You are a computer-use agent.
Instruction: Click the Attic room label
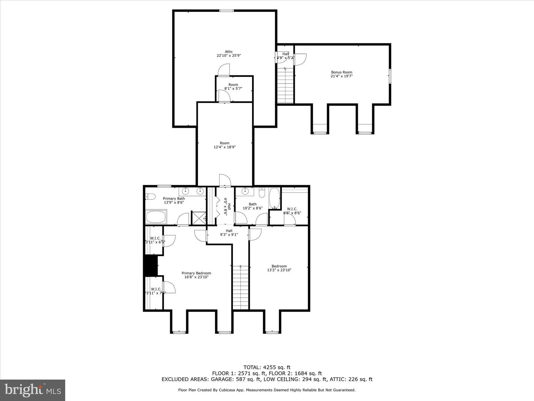(x=229, y=52)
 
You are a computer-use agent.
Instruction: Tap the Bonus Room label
(x=342, y=72)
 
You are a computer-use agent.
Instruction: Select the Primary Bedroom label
(x=196, y=273)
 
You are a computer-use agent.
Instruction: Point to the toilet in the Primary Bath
(x=150, y=196)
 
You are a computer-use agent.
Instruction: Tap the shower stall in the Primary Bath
(x=198, y=218)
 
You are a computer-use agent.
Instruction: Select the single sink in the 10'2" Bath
(x=245, y=192)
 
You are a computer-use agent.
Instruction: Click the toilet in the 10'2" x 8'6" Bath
(x=262, y=192)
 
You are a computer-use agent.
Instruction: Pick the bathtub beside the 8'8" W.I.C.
(x=275, y=198)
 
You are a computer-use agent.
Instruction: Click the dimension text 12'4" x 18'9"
(x=224, y=147)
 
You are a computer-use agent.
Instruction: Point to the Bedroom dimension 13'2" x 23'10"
(x=279, y=270)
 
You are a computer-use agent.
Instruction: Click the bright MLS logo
(x=33, y=390)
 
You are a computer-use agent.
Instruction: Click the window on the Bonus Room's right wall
(x=389, y=76)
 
